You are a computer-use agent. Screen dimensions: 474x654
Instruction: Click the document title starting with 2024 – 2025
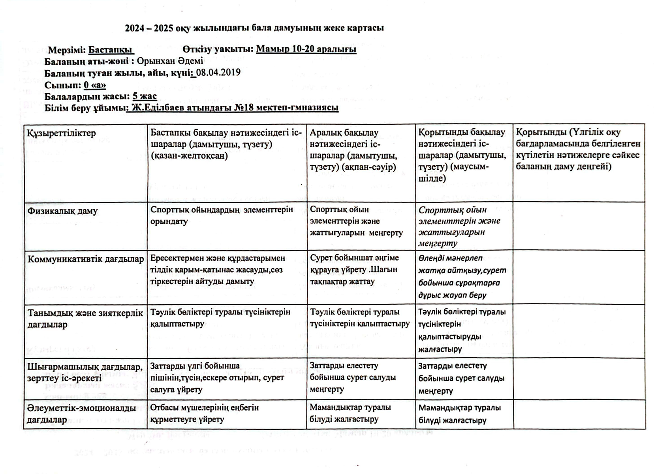pos(254,28)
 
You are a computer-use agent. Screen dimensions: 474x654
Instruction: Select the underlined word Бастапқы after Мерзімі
pos(111,50)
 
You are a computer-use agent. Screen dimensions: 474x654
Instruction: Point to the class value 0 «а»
pos(95,85)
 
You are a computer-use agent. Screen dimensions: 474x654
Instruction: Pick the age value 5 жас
pos(145,96)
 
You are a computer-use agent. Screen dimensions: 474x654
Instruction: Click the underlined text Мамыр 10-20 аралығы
pos(306,49)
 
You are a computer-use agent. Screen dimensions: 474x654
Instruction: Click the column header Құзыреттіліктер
pos(62,133)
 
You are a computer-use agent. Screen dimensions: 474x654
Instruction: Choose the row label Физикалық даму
pos(62,211)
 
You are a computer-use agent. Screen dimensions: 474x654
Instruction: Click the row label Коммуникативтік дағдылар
pos(86,259)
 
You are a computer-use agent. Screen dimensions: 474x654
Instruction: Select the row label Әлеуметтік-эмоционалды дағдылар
pos(81,414)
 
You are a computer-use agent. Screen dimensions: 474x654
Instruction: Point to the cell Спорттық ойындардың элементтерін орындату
pos(222,215)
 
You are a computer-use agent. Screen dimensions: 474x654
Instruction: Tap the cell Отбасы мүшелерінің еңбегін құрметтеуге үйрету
pos(204,413)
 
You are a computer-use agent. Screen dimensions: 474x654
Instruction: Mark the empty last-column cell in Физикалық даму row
pos(579,226)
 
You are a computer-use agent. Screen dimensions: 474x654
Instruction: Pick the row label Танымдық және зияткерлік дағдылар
pos(85,318)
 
